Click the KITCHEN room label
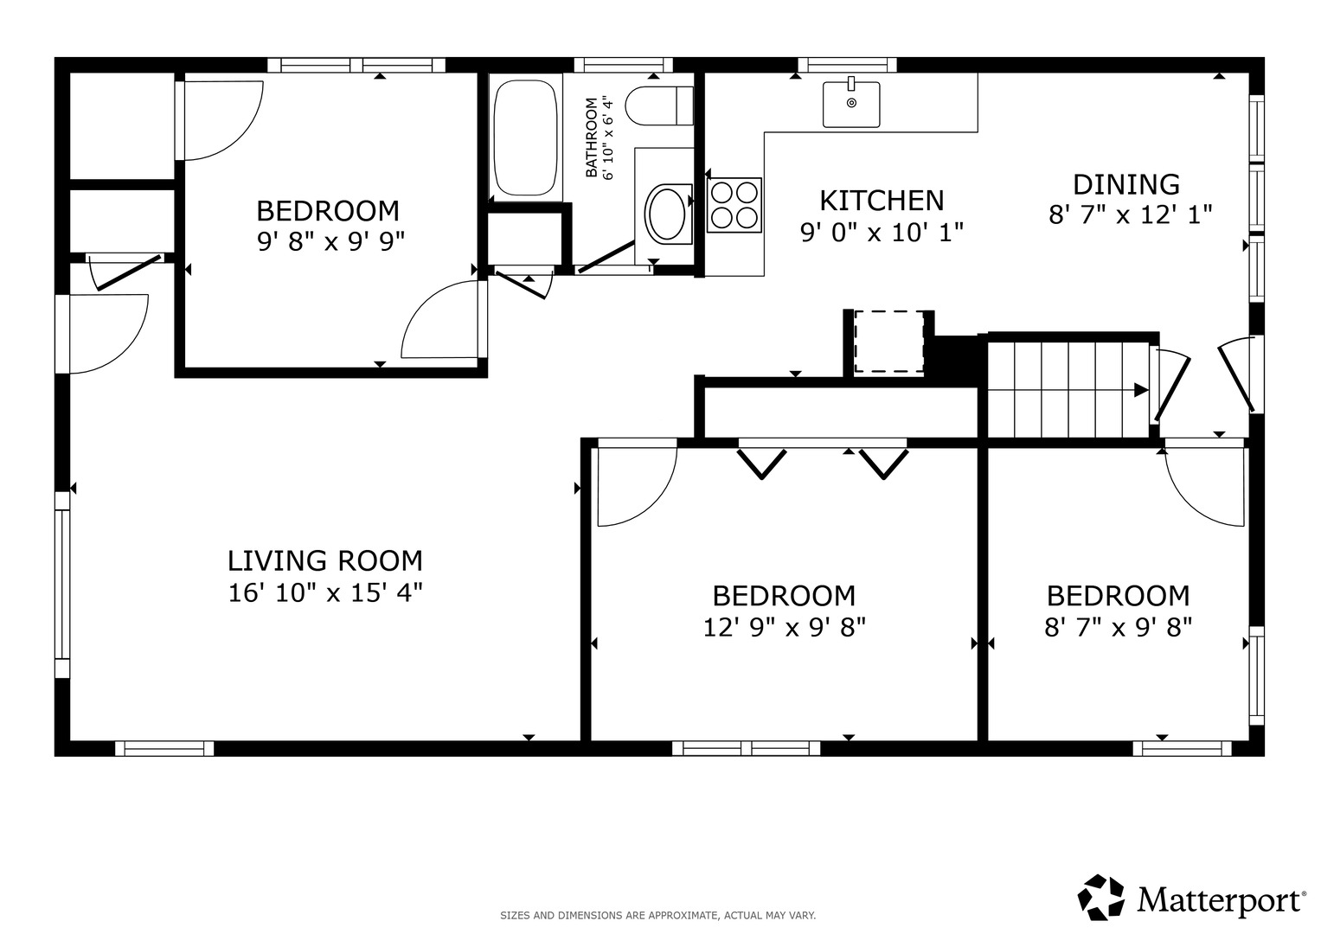(x=882, y=201)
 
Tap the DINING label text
(x=1125, y=184)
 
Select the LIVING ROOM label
(x=325, y=560)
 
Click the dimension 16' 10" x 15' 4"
(x=325, y=593)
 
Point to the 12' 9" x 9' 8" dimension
(x=785, y=628)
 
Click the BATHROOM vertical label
(x=592, y=138)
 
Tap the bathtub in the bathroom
(x=525, y=138)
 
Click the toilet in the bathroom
(x=659, y=106)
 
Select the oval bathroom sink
(x=667, y=212)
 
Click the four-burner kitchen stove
(x=734, y=205)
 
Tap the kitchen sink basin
(x=851, y=105)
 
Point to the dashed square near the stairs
(x=889, y=342)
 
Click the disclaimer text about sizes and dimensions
(x=658, y=916)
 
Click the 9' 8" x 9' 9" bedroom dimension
(x=330, y=241)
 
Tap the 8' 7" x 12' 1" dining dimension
(x=1130, y=215)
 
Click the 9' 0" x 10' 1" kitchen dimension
(x=882, y=233)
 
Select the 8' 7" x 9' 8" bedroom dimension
(x=1118, y=628)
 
